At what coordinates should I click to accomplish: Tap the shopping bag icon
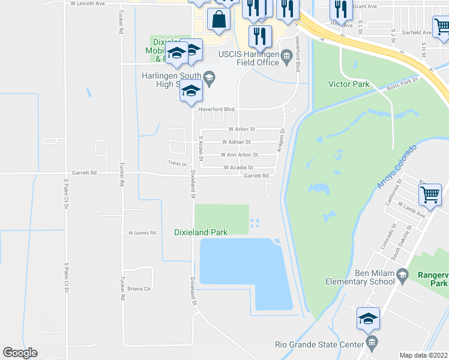tap(218, 19)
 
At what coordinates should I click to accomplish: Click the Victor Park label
tap(349, 85)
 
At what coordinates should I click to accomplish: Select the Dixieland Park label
tap(200, 232)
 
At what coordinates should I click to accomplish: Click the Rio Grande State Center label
tap(328, 344)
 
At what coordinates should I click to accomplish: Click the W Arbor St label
tap(241, 129)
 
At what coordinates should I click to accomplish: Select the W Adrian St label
tap(240, 142)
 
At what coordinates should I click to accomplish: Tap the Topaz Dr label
tap(177, 164)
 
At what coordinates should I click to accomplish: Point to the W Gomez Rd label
tap(142, 233)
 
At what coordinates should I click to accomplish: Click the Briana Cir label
tap(139, 289)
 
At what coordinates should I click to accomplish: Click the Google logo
tap(20, 353)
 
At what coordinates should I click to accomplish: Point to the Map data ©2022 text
tap(424, 355)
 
